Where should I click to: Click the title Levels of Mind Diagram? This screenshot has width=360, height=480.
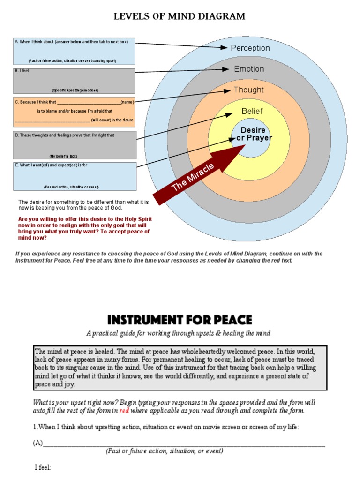tap(180, 16)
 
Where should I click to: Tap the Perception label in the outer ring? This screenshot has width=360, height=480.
tap(250, 48)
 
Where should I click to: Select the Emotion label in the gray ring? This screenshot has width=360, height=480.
tap(249, 69)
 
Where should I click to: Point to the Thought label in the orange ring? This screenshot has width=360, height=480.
tap(248, 90)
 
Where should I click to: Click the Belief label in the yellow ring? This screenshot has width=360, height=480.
tap(252, 111)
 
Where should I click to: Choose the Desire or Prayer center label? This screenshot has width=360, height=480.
tap(253, 134)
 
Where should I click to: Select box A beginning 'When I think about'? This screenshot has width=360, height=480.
tap(75, 51)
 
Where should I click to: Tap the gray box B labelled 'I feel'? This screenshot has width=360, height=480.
tap(75, 81)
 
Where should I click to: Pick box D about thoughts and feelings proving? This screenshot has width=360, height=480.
tap(75, 145)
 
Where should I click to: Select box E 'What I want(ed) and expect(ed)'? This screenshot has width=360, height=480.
tap(75, 176)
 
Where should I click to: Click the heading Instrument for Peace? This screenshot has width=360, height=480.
tap(180, 320)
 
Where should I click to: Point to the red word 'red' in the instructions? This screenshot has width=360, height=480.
tap(124, 411)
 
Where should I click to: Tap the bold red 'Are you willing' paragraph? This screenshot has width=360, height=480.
tap(85, 228)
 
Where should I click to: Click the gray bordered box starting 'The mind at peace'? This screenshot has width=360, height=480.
tap(180, 368)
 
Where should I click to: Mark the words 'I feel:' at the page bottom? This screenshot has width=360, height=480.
tap(43, 467)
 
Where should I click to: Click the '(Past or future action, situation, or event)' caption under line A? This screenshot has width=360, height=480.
tap(164, 451)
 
